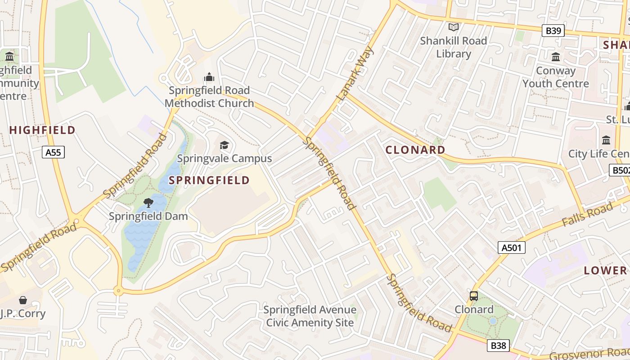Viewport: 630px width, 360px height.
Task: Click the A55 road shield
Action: [54, 152]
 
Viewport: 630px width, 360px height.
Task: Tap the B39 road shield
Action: [553, 31]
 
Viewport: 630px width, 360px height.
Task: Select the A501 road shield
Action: [512, 247]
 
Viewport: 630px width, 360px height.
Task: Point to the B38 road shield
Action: [498, 346]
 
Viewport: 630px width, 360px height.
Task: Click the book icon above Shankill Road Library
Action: [454, 27]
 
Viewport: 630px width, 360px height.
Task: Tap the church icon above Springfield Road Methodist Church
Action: [209, 77]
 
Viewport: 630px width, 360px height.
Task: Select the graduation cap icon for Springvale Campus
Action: [224, 145]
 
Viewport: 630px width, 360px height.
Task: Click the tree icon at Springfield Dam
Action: [148, 203]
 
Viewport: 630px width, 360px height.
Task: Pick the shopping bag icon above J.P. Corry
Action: [23, 300]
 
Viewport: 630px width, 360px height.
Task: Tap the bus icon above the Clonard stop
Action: [474, 296]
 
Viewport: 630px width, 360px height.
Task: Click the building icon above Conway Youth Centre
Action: [556, 57]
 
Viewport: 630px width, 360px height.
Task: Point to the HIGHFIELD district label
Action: [43, 130]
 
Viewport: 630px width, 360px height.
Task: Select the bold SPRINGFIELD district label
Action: [209, 180]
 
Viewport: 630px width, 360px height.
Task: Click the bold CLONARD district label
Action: [416, 150]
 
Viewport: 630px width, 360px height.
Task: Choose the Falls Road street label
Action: [587, 215]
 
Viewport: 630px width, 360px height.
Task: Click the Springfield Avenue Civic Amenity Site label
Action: [310, 316]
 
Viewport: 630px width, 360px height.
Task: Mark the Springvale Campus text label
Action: [224, 158]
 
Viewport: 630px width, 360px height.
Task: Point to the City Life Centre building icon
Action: [606, 140]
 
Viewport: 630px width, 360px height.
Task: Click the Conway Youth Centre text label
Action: [556, 77]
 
